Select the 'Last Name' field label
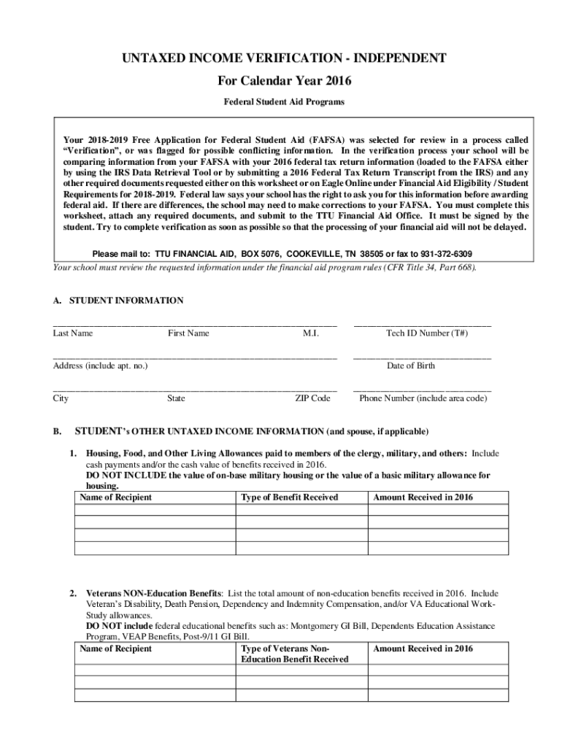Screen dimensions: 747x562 (x=73, y=333)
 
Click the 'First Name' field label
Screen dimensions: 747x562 (x=188, y=333)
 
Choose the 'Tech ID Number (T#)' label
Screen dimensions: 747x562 (x=427, y=333)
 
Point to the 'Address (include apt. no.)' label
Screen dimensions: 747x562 (x=100, y=365)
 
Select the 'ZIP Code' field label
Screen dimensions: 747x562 (x=312, y=398)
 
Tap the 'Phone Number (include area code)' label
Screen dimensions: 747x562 (x=423, y=398)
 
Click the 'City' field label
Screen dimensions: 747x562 (x=61, y=398)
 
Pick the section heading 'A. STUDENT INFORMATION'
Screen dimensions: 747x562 (x=118, y=301)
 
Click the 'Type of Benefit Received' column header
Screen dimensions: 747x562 (x=290, y=498)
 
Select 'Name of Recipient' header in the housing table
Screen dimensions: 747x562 (x=116, y=498)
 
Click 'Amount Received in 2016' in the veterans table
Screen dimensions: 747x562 (x=423, y=649)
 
